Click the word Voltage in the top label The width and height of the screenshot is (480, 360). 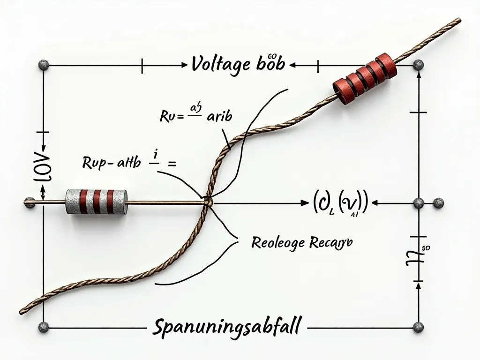point(220,64)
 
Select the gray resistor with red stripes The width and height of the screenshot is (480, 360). point(97,202)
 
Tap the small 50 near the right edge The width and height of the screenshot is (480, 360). point(426,248)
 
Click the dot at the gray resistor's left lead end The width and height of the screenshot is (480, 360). point(30,202)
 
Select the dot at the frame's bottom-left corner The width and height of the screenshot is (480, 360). point(44,326)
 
